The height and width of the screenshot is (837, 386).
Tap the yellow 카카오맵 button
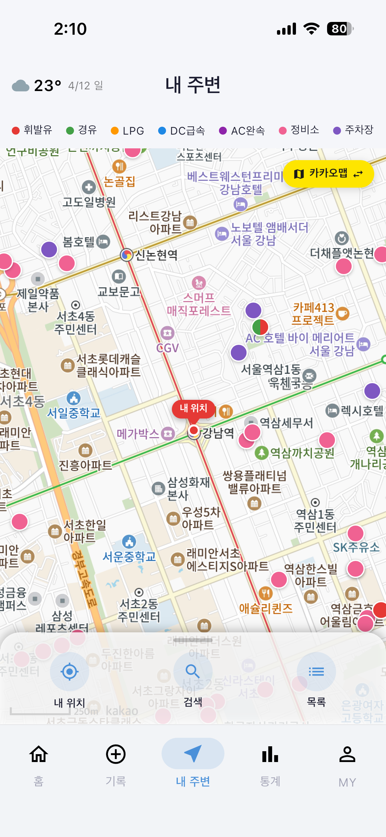(328, 174)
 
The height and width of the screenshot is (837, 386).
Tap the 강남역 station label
(218, 433)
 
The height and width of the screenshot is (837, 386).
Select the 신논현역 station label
(156, 255)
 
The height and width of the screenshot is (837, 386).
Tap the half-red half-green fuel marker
(260, 327)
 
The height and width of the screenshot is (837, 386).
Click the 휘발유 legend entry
(32, 130)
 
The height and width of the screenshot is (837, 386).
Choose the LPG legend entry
(128, 131)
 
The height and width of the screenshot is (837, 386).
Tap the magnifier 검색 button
(193, 672)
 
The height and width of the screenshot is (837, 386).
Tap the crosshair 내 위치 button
(69, 672)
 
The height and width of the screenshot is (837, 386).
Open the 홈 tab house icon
(39, 754)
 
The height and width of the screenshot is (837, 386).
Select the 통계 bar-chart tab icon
(270, 754)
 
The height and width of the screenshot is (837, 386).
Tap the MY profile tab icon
(347, 754)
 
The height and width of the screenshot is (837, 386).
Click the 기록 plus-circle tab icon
(116, 754)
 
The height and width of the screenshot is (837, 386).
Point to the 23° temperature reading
(48, 86)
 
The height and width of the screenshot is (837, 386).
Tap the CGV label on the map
(168, 348)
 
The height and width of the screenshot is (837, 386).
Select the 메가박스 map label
(138, 434)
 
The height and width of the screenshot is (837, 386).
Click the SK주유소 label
(356, 547)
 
